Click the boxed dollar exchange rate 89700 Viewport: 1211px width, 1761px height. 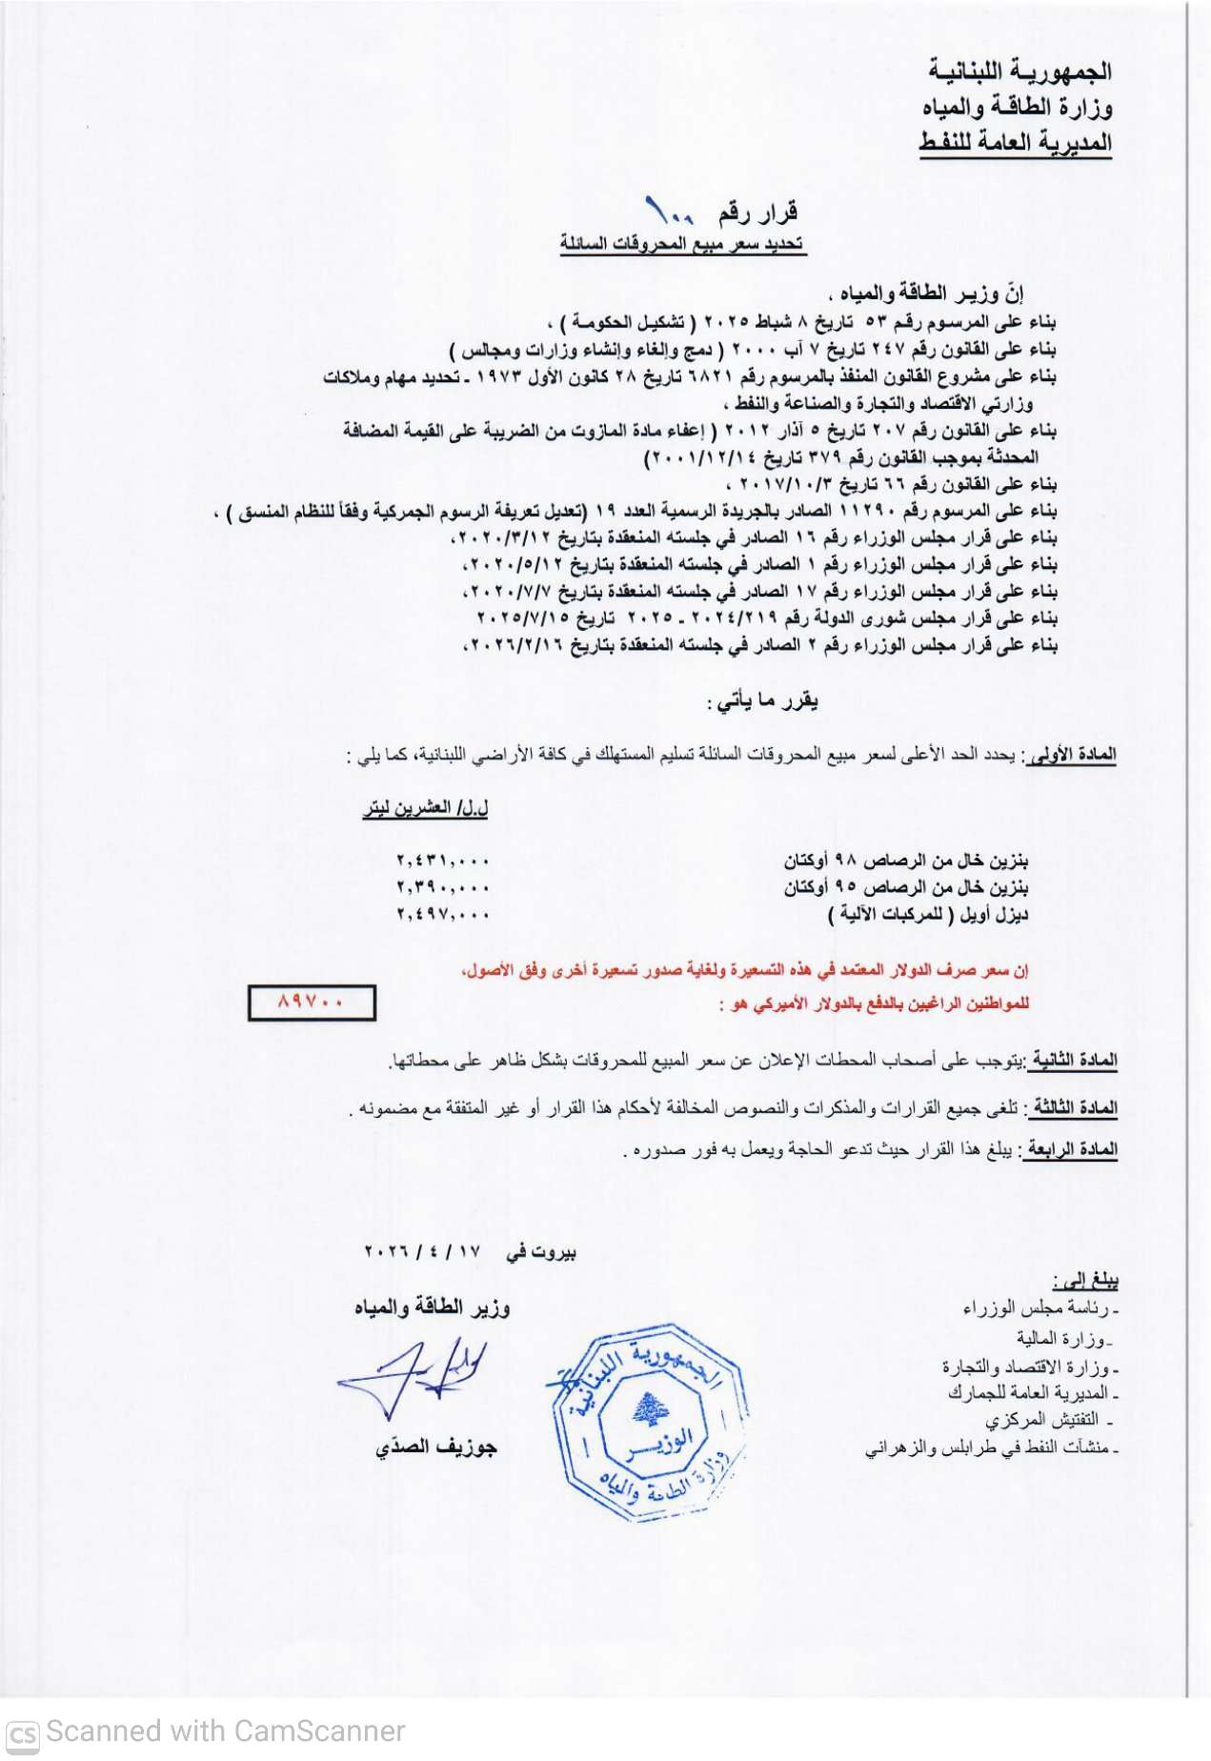(312, 1002)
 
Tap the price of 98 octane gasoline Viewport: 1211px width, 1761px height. (443, 860)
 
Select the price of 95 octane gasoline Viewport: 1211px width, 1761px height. (443, 887)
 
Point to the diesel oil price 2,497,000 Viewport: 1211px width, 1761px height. (443, 914)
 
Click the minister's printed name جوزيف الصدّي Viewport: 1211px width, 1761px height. (436, 1447)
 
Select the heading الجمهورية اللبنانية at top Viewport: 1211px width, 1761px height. (1019, 71)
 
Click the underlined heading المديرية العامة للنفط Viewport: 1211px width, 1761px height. (1016, 143)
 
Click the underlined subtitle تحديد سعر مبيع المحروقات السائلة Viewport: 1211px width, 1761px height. (682, 244)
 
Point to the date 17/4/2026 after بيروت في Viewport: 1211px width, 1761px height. (424, 1251)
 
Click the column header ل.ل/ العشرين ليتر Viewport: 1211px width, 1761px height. (426, 808)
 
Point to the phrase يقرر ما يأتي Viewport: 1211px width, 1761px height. (762, 702)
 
